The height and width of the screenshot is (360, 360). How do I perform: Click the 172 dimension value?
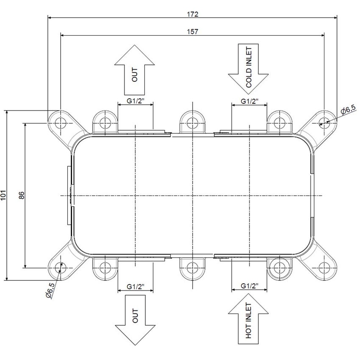coord(192,14)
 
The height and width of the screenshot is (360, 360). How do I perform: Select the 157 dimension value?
coord(192,31)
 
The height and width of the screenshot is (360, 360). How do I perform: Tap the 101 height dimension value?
coord(3,195)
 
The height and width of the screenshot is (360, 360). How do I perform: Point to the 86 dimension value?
coord(21,195)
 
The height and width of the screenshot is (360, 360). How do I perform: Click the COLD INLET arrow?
coord(248,69)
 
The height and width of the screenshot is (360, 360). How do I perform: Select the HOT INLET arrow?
coord(248,319)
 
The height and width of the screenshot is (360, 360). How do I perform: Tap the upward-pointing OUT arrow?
coord(135,70)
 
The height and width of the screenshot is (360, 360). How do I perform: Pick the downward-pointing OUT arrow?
coord(135,320)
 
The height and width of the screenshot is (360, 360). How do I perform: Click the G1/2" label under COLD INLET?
coord(249,101)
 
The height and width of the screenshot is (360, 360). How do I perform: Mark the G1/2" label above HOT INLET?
coord(249,286)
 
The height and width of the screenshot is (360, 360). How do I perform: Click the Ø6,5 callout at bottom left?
coord(51,291)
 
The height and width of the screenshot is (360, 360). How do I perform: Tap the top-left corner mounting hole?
coord(61,123)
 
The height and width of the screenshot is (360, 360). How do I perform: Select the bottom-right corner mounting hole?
coord(324,268)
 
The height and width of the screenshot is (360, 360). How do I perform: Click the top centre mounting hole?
coord(192,123)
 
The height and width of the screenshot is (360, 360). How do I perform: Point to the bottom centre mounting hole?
coord(192,268)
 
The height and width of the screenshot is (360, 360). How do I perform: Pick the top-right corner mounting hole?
coord(324,123)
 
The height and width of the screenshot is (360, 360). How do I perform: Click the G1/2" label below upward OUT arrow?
coord(136,101)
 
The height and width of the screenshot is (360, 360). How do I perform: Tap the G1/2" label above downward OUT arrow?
coord(136,287)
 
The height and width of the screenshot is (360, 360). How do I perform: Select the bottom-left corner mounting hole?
coord(61,268)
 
